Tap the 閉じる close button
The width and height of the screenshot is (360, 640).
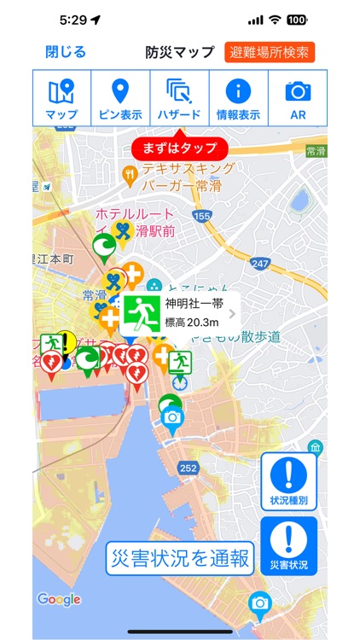66,52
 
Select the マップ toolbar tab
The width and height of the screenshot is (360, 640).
61,98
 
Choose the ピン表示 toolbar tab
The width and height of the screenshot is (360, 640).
121,98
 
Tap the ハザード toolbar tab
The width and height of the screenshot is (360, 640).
179,98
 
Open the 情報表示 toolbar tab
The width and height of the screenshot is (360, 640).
238,98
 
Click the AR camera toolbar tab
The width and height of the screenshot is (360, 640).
297,98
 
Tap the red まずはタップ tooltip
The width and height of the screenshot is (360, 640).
180,148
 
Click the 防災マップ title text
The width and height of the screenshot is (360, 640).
180,52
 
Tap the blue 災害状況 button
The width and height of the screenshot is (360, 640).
288,545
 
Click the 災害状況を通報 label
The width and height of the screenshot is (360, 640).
180,559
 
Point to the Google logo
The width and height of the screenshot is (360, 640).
59,599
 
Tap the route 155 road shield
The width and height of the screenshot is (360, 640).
201,218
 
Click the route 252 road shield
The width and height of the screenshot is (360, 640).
189,468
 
